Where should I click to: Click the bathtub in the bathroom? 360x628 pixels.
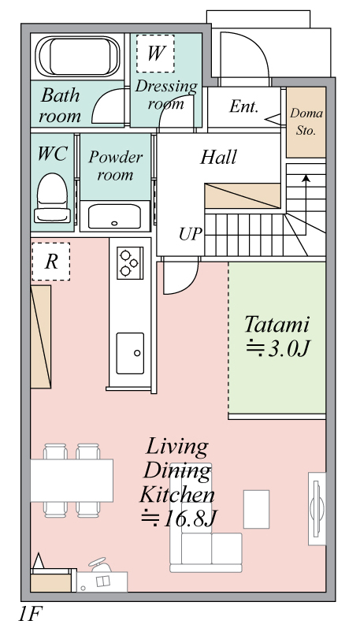[x=78, y=57]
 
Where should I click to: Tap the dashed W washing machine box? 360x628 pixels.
[x=155, y=54]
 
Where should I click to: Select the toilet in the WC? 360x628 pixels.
[x=52, y=198]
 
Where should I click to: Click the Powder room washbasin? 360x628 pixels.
[x=114, y=216]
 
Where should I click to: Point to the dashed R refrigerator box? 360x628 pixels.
[x=51, y=262]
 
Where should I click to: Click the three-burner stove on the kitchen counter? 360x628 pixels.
[x=130, y=262]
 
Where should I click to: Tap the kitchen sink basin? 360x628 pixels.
[x=130, y=353]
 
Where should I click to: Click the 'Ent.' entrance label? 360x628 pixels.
[x=244, y=106]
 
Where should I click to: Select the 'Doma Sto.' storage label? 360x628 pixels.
[x=306, y=122]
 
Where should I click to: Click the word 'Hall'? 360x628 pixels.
[x=219, y=157]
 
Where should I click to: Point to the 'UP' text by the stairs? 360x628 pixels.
[x=191, y=234]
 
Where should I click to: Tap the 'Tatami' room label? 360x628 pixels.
[x=277, y=325]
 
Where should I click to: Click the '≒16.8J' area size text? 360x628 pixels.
[x=179, y=519]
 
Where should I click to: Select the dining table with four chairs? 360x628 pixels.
[x=72, y=480]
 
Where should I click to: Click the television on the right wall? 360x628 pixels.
[x=317, y=509]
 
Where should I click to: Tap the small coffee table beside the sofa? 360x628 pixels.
[x=256, y=509]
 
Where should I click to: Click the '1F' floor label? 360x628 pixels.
[x=30, y=613]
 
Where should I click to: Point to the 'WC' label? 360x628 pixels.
[x=52, y=154]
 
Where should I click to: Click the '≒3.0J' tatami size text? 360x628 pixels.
[x=277, y=349]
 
